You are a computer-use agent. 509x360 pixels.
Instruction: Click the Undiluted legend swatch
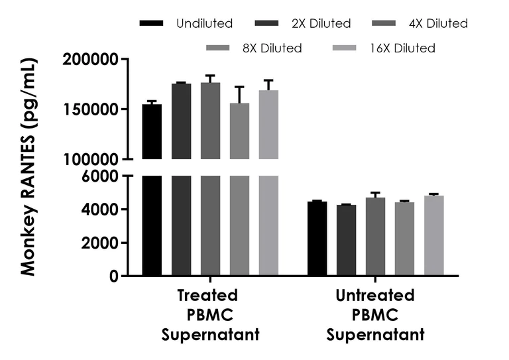click(x=152, y=23)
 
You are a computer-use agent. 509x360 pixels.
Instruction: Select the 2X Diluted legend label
click(x=321, y=23)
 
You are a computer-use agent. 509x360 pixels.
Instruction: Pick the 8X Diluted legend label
click(x=272, y=48)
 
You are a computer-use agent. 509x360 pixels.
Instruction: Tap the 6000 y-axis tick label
click(x=101, y=176)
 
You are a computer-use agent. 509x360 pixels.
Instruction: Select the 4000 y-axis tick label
click(x=101, y=210)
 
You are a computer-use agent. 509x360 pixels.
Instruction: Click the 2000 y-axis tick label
click(x=101, y=243)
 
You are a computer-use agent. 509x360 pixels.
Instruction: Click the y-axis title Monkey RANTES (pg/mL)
click(x=28, y=166)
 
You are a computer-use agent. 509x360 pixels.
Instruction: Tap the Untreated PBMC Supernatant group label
click(x=375, y=314)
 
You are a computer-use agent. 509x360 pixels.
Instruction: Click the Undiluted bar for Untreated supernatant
click(x=317, y=239)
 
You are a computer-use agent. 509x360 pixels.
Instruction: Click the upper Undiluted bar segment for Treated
click(x=152, y=132)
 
